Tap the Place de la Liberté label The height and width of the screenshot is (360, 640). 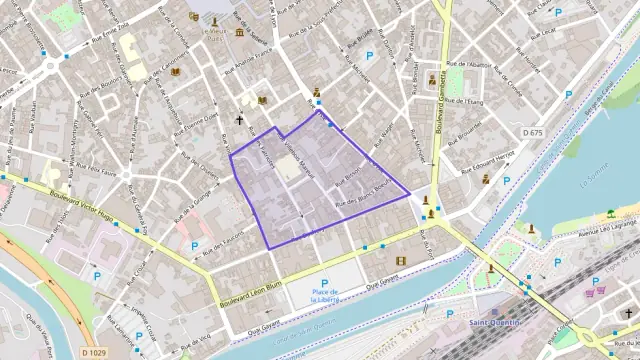pos(325,295)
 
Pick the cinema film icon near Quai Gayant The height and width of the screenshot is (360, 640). pos(401,262)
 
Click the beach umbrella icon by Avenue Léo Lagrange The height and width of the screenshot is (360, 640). pos(610,213)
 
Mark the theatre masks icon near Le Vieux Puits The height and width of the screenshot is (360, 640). pos(193,17)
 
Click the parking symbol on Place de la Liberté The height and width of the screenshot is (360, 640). pos(324,283)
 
